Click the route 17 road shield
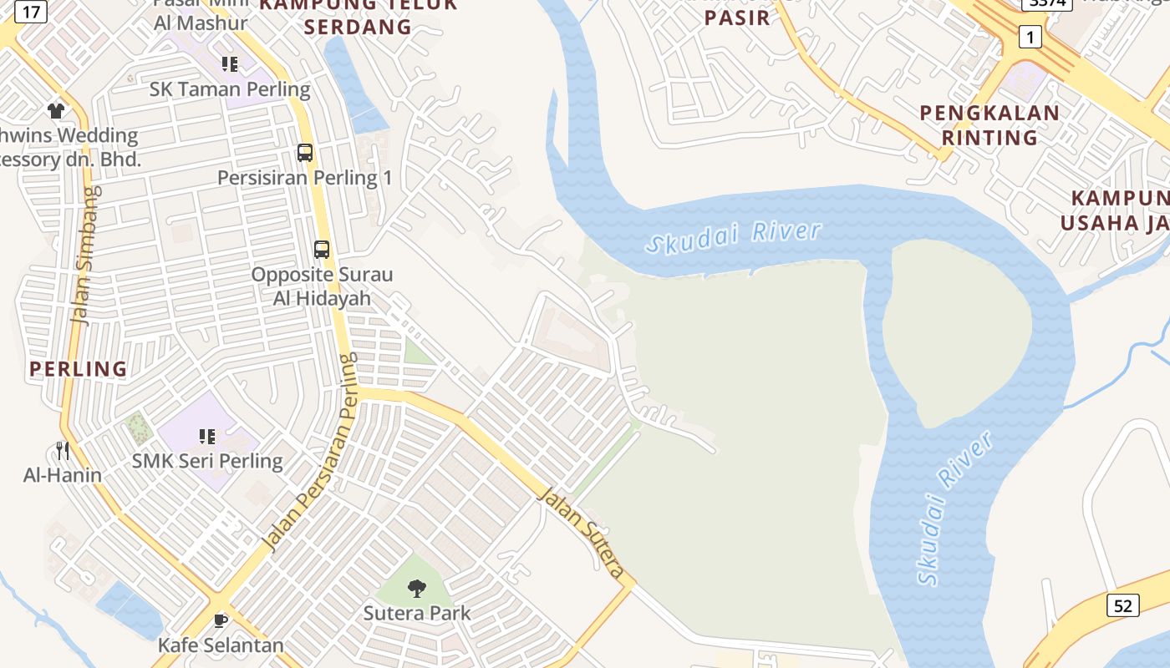point(31,12)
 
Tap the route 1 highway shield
point(1030,37)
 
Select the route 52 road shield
point(1122,605)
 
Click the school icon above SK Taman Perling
point(230,64)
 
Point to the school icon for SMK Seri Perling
point(207,436)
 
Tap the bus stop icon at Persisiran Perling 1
point(305,153)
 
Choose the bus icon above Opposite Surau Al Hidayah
point(322,249)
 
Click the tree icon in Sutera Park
point(416,589)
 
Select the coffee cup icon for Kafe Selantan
point(221,620)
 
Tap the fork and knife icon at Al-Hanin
point(63,451)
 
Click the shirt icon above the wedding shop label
point(56,110)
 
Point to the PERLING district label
point(79,368)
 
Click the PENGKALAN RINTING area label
point(989,124)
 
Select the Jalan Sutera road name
point(582,533)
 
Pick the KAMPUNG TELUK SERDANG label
point(358,15)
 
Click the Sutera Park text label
point(416,613)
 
